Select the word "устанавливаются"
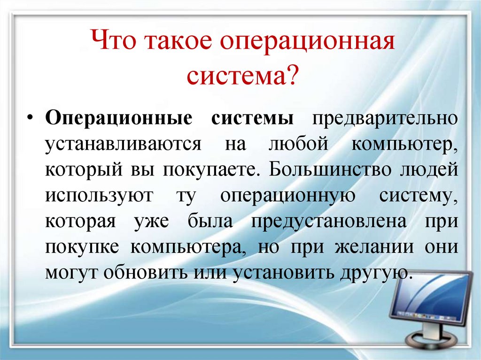tap(123, 144)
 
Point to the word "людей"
tap(433, 169)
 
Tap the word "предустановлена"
tap(329, 220)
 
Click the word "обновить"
tap(172, 272)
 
